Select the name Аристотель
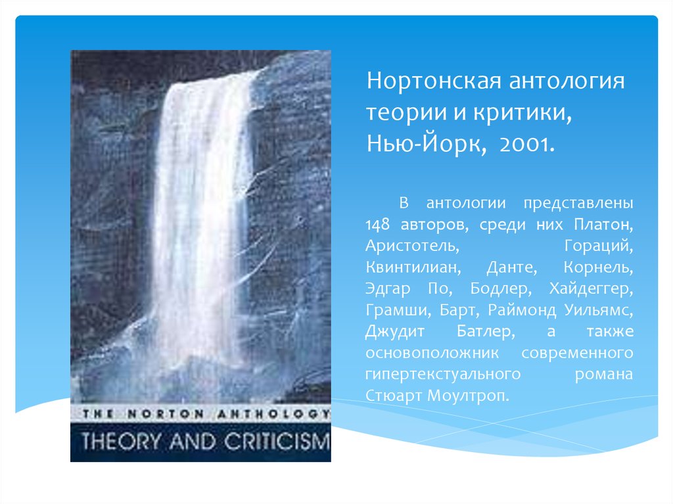click(x=406, y=247)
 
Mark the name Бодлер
click(x=499, y=290)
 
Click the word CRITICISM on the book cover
click(x=279, y=441)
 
